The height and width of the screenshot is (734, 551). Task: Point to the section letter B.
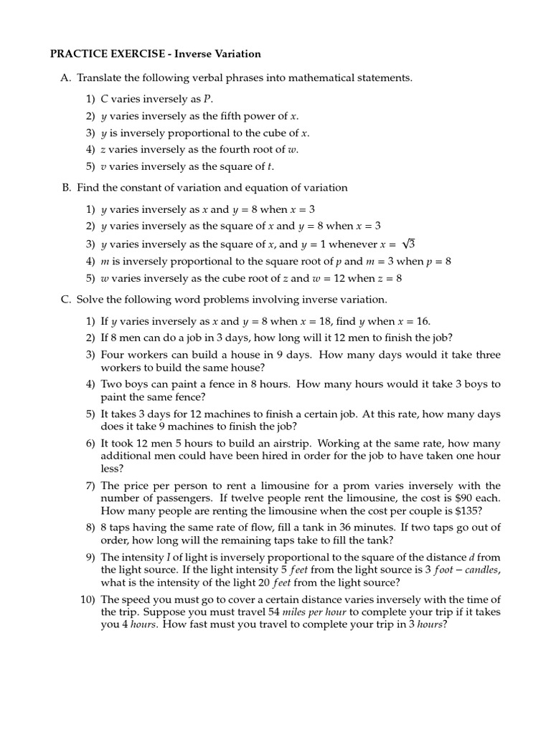(x=66, y=188)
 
